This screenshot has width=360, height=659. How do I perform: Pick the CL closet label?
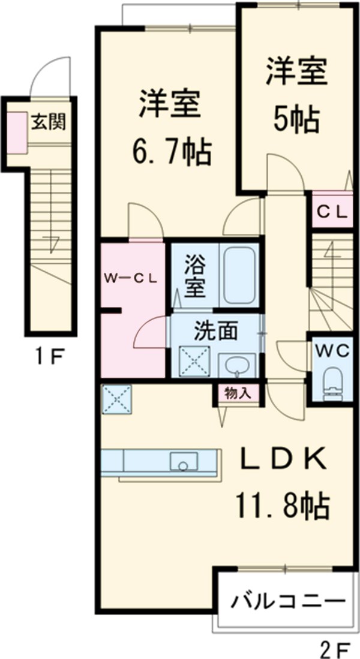(332, 210)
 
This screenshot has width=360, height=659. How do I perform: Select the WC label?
(331, 351)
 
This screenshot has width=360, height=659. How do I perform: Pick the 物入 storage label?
(238, 393)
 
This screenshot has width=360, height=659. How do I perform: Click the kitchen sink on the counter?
(184, 462)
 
